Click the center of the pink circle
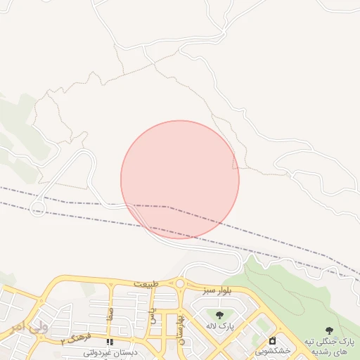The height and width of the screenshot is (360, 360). [x=180, y=180]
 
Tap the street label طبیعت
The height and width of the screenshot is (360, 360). [x=146, y=283]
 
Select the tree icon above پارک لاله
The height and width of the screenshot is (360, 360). [x=219, y=314]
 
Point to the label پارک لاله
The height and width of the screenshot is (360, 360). [x=219, y=326]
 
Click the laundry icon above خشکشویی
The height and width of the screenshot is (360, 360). [x=272, y=340]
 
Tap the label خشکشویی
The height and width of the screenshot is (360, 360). [x=272, y=350]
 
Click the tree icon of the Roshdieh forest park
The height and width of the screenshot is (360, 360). [x=329, y=330]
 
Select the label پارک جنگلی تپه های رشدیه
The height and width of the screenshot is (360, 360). [x=329, y=345]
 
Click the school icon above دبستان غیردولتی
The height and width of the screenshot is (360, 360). [x=109, y=342]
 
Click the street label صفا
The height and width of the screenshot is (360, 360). [x=110, y=314]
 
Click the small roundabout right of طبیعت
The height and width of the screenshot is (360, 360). [x=179, y=283]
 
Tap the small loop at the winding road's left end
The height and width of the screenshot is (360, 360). [x=38, y=209]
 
